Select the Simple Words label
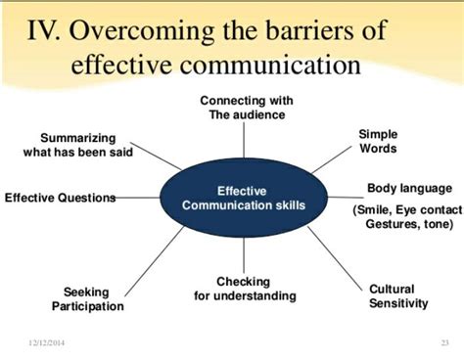coord(378,140)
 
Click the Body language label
coord(409,188)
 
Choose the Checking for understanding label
coord(243,289)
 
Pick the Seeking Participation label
coord(87,299)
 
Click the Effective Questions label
coord(60,198)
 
